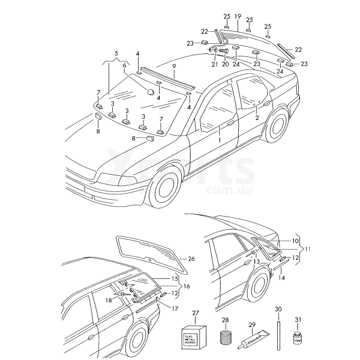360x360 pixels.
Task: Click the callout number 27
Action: click(x=194, y=313)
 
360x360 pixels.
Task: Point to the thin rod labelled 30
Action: click(x=278, y=333)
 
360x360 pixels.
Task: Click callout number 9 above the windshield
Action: click(x=173, y=65)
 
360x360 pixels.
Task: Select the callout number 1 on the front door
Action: click(x=220, y=139)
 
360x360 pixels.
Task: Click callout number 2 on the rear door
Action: click(x=257, y=118)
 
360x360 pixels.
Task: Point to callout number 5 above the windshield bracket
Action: click(x=116, y=53)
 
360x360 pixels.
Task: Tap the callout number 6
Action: click(x=124, y=65)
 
